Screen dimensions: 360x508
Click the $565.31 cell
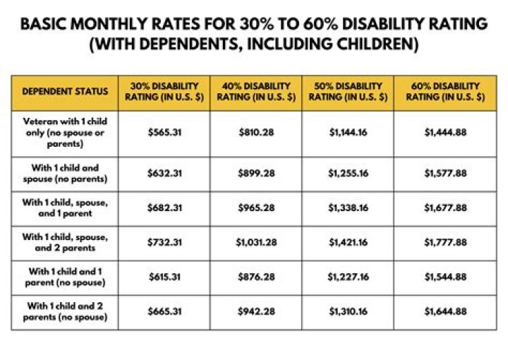pyautogui.click(x=164, y=133)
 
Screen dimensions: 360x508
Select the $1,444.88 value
pyautogui.click(x=445, y=133)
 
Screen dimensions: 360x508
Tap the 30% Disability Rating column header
pyautogui.click(x=164, y=92)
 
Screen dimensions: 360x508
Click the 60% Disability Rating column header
pyautogui.click(x=445, y=92)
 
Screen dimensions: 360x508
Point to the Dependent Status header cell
pyautogui.click(x=65, y=92)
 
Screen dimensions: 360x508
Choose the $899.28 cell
pyautogui.click(x=255, y=174)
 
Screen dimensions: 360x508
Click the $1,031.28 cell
pyautogui.click(x=255, y=242)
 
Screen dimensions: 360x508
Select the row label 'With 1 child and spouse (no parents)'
pyautogui.click(x=65, y=174)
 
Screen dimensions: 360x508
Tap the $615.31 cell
pyautogui.click(x=164, y=277)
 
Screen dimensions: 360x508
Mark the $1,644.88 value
pyautogui.click(x=445, y=311)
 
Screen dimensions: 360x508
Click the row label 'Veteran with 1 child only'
pyautogui.click(x=65, y=133)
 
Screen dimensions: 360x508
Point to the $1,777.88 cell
pyautogui.click(x=445, y=242)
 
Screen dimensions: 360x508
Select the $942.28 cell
pyautogui.click(x=255, y=311)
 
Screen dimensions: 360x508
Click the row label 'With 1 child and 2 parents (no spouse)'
pyautogui.click(x=65, y=311)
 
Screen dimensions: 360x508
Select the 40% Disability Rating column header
pyautogui.click(x=255, y=92)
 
